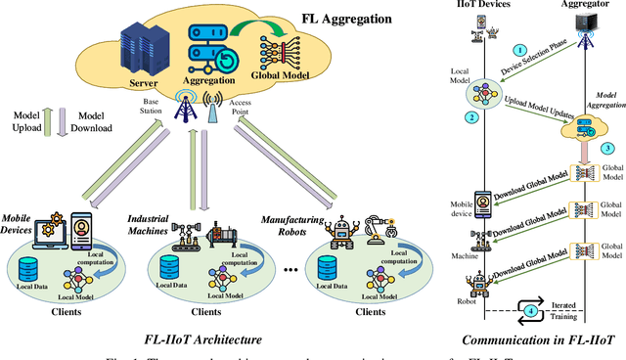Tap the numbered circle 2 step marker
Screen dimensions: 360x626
click(x=470, y=117)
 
